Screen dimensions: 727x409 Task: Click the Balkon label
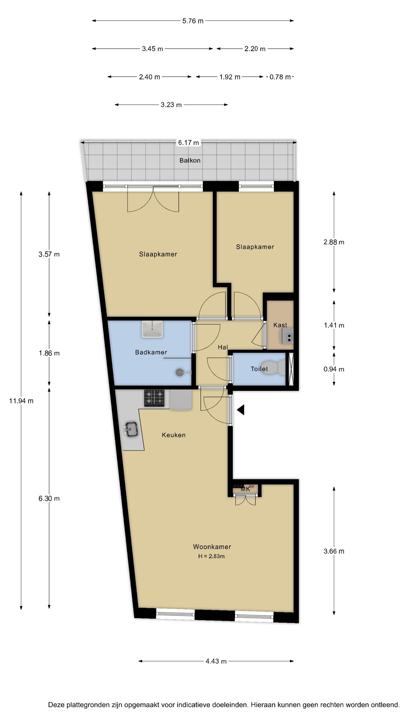pos(190,160)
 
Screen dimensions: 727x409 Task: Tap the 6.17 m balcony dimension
pos(188,143)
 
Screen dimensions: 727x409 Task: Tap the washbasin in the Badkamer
pos(152,329)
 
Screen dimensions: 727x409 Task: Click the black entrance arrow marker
pos(241,410)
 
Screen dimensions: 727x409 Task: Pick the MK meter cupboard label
pos(245,489)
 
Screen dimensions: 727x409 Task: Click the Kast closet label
pos(280,325)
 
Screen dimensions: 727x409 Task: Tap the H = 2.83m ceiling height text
pos(211,556)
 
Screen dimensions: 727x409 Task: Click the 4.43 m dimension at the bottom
pos(216,661)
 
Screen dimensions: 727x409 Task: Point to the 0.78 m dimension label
pos(280,77)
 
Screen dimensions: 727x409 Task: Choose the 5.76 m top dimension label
pos(193,21)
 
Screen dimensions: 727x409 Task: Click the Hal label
pos(222,347)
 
